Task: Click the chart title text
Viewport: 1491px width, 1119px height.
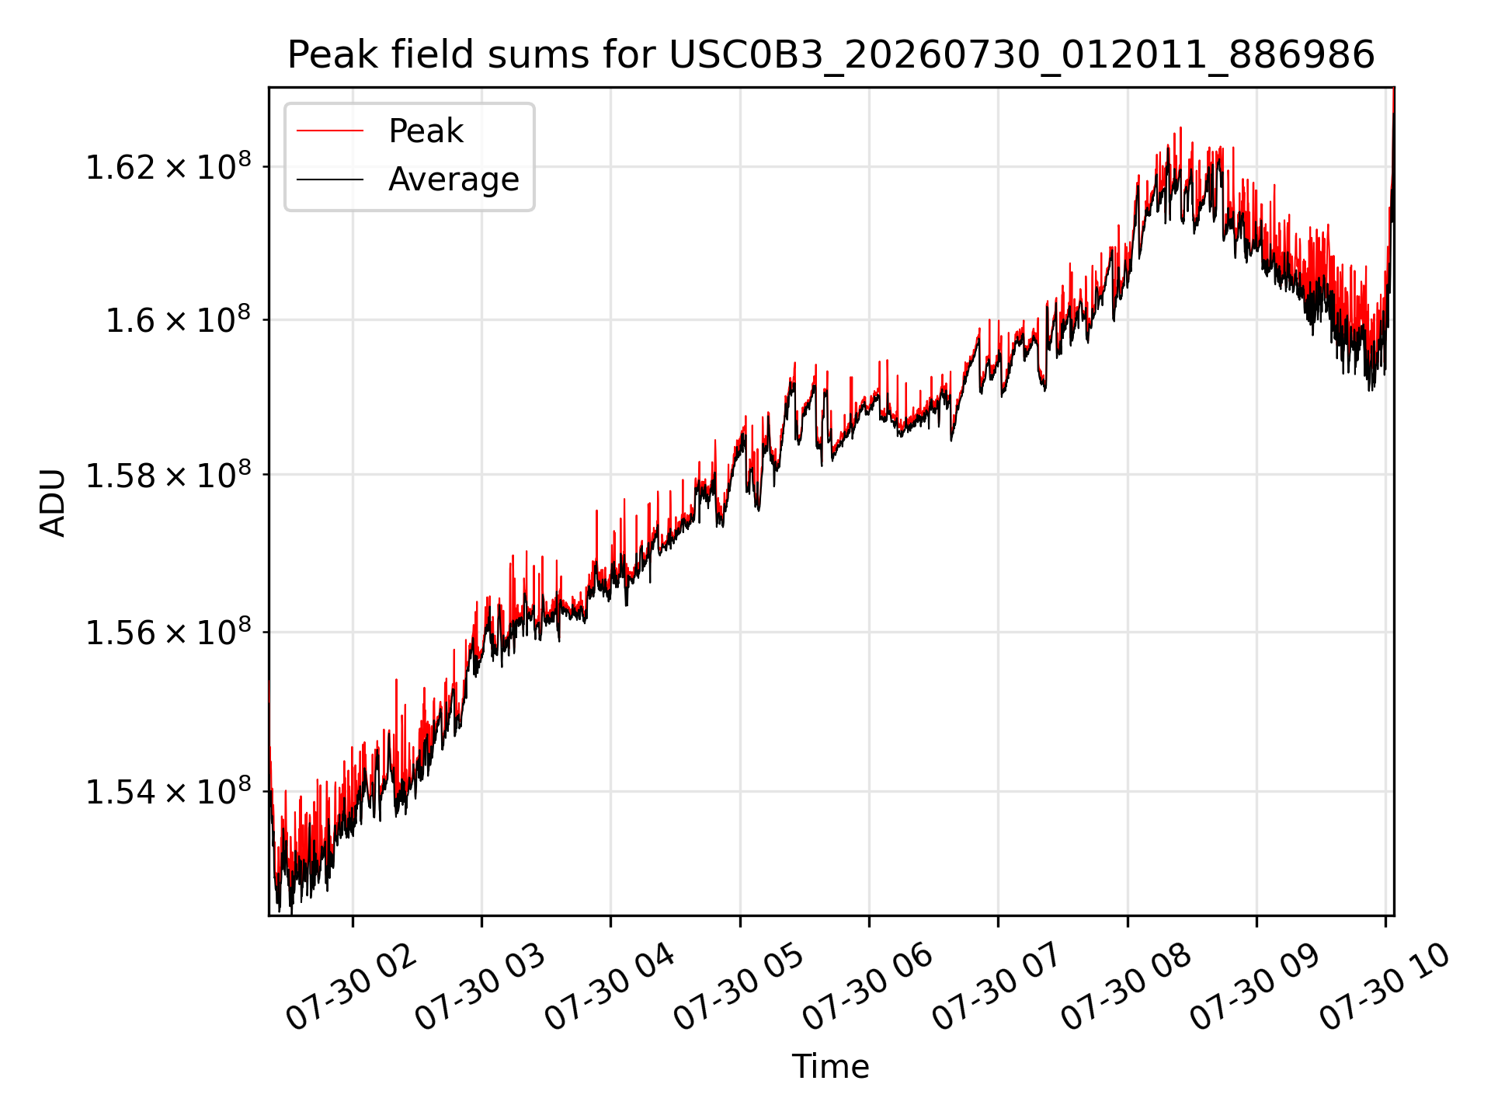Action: tap(831, 55)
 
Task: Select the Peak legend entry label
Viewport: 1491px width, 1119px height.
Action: tap(426, 131)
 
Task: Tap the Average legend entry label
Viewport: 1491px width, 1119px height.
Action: tap(454, 180)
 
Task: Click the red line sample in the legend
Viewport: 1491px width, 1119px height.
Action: tap(330, 131)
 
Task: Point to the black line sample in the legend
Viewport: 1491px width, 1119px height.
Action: tap(330, 180)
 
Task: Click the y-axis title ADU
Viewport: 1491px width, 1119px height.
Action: tap(53, 502)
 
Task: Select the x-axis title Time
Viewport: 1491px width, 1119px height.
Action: tap(830, 1066)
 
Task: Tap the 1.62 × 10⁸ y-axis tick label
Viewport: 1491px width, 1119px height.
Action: tap(168, 166)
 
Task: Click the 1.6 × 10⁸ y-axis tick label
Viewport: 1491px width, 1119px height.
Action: tap(178, 319)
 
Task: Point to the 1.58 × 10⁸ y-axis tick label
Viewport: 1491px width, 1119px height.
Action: tap(168, 474)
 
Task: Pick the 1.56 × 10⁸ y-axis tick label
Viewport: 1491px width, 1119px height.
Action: tap(168, 632)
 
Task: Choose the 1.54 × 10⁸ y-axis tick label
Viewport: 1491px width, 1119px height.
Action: tap(168, 791)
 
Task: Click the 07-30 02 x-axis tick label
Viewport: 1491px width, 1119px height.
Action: tap(352, 987)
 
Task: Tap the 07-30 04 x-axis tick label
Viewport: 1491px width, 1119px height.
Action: tap(610, 987)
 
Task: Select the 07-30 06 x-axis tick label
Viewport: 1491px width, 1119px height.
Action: tap(867, 987)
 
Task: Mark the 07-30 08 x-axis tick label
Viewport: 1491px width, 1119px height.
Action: tap(1126, 987)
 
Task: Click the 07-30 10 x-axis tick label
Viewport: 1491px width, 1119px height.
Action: tap(1385, 987)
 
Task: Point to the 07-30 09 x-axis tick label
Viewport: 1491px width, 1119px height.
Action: tap(1255, 987)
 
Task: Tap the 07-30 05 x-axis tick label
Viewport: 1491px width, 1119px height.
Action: tap(739, 987)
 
